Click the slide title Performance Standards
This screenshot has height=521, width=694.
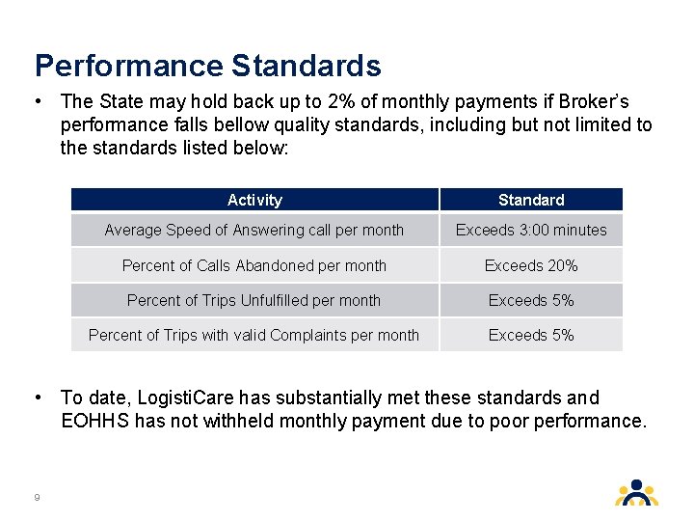[x=207, y=66]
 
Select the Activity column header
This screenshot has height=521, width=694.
[x=254, y=200]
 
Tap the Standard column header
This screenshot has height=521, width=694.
[x=531, y=200]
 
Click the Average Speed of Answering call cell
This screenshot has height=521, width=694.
[x=254, y=230]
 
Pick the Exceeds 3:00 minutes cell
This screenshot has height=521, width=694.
[x=531, y=230]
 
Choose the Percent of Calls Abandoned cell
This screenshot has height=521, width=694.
[x=254, y=265]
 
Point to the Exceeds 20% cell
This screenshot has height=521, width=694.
[x=531, y=265]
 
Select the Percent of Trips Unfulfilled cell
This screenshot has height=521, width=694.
[x=254, y=300]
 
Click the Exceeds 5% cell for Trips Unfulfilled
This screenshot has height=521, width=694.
[x=531, y=300]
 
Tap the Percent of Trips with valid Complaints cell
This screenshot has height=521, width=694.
[x=254, y=335]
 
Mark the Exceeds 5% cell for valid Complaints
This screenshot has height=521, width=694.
[x=531, y=335]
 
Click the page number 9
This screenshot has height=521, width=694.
[x=37, y=497]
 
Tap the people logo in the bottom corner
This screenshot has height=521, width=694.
[x=636, y=492]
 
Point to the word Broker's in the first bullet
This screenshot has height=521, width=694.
[x=601, y=101]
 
